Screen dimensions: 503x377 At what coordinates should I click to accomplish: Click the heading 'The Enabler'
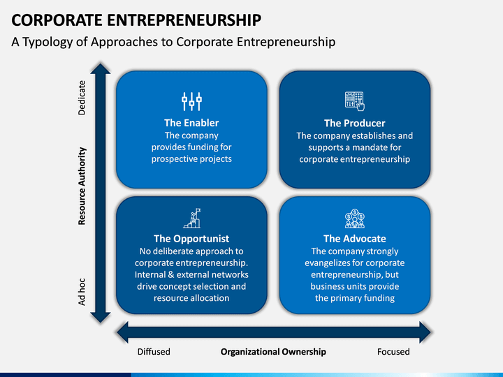click(x=191, y=123)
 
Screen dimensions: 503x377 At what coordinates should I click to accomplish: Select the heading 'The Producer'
click(x=354, y=123)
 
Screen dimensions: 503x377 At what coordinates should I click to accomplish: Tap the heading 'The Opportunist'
click(x=191, y=239)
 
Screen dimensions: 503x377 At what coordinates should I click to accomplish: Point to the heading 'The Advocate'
click(x=354, y=239)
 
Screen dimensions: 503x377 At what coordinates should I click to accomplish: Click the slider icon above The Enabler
click(x=191, y=101)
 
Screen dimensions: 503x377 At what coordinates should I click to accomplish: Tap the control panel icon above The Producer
click(x=354, y=101)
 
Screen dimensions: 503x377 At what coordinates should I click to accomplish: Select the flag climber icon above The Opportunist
click(x=192, y=219)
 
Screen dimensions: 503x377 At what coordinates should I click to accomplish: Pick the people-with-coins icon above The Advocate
click(x=354, y=219)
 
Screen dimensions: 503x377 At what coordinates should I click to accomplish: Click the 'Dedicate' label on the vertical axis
click(x=82, y=98)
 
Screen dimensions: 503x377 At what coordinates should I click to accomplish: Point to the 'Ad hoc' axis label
click(x=82, y=292)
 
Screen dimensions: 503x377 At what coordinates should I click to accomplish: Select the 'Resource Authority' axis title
click(x=82, y=186)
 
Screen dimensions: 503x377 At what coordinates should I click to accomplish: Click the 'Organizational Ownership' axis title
click(x=273, y=352)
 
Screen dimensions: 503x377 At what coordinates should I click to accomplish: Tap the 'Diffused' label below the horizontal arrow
click(x=154, y=352)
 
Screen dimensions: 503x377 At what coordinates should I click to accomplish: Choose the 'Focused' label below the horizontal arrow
click(x=393, y=352)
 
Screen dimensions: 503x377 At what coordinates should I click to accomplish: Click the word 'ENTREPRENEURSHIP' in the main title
click(x=184, y=20)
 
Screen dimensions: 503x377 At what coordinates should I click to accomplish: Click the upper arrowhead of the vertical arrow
click(x=101, y=68)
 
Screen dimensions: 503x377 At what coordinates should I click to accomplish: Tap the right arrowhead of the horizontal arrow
click(x=425, y=332)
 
